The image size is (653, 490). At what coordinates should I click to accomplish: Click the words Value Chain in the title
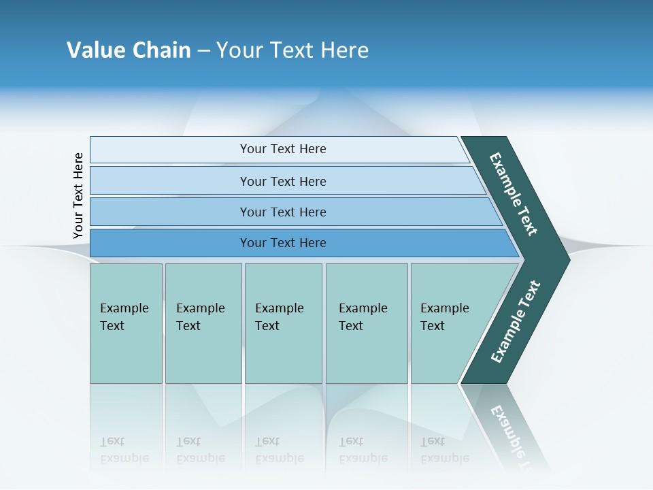click(129, 50)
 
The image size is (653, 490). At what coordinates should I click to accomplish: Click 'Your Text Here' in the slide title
click(292, 50)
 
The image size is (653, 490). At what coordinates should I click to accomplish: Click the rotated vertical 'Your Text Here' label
click(78, 196)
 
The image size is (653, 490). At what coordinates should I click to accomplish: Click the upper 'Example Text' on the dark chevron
click(514, 194)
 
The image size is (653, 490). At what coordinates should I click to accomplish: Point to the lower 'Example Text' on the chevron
click(516, 322)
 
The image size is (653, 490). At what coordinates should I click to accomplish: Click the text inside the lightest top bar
click(283, 149)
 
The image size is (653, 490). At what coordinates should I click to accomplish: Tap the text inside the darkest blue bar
click(283, 243)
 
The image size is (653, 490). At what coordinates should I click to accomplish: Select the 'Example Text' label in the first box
click(124, 317)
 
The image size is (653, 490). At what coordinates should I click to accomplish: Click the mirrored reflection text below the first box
click(124, 450)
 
